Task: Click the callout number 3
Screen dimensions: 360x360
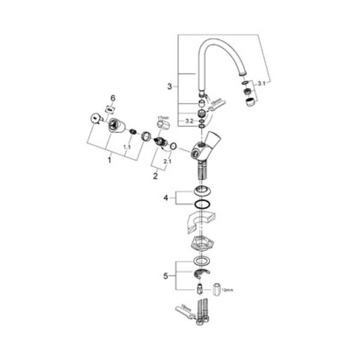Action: [169, 86]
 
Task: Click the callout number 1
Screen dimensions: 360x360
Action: [109, 160]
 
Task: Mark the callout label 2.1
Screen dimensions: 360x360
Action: [168, 161]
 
